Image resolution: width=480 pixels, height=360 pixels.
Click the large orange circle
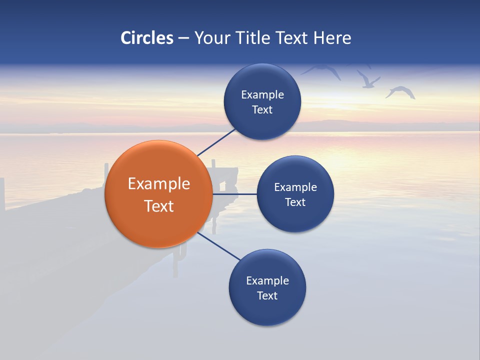[158, 194]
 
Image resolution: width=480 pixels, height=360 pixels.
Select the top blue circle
[262, 101]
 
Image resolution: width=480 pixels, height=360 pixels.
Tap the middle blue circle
[295, 194]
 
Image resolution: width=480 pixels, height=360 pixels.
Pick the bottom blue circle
[267, 287]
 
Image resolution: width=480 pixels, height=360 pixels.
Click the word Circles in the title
[147, 38]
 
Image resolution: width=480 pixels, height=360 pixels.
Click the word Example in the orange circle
[159, 183]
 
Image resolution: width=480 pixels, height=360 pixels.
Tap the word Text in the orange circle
[159, 206]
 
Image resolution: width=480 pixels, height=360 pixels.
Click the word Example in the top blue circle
[262, 94]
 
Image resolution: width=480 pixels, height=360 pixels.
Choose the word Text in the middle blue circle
[295, 202]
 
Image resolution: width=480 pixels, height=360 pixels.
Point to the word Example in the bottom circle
[267, 280]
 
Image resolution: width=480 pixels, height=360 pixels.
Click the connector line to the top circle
[216, 142]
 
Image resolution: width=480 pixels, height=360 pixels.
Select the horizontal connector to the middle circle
[234, 194]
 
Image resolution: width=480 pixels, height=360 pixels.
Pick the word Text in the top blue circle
[262, 109]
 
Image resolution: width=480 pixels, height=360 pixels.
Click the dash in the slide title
[183, 38]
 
